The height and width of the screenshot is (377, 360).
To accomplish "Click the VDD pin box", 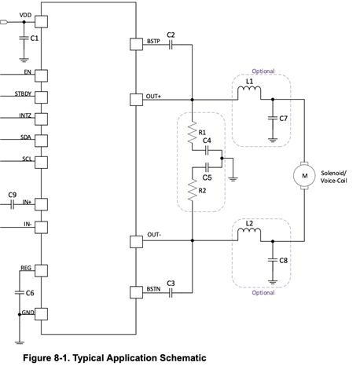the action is (41, 21).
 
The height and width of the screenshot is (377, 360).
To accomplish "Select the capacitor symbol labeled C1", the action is (24, 38).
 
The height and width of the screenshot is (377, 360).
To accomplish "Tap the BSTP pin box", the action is (136, 44).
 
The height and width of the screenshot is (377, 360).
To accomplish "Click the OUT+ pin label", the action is (153, 97).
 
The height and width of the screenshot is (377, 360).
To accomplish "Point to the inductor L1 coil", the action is (249, 91).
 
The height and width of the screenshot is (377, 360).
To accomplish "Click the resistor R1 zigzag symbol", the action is (193, 132).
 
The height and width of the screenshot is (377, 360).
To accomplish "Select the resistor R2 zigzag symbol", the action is (193, 190).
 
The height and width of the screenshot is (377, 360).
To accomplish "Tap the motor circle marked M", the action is (304, 175).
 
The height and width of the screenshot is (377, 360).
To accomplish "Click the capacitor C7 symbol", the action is (273, 119).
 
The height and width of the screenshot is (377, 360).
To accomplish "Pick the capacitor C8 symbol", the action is (273, 260).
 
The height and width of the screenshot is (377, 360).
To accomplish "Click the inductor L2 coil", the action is (249, 232).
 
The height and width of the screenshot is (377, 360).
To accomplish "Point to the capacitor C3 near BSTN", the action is (171, 293).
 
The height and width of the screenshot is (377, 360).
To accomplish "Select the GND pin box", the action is (41, 314).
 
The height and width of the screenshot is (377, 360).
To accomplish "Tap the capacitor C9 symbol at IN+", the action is (12, 204).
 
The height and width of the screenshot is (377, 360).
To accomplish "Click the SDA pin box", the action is (41, 141).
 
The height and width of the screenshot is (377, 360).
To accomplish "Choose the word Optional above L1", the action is (263, 71).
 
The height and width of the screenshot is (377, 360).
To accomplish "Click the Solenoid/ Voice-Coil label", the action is (333, 177).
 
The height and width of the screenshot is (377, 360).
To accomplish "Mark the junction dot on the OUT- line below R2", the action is (193, 240).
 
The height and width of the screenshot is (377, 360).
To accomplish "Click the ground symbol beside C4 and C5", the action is (233, 179).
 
